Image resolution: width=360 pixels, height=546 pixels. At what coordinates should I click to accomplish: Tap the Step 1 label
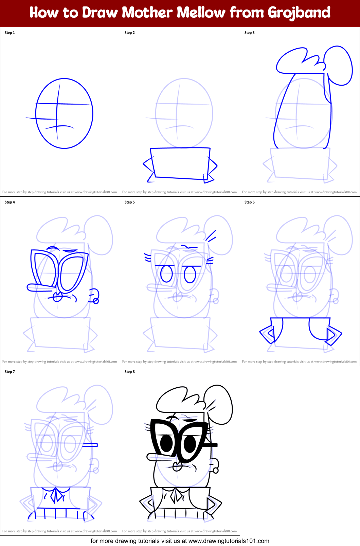tap(10, 33)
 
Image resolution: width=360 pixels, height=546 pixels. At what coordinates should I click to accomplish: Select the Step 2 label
tap(130, 33)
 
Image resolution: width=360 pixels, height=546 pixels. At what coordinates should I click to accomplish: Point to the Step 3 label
tap(250, 33)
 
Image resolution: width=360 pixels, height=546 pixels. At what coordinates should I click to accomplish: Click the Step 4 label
tap(10, 202)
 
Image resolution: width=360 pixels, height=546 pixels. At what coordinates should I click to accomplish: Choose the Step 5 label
tap(130, 202)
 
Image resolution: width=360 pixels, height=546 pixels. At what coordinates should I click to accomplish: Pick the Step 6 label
tap(250, 202)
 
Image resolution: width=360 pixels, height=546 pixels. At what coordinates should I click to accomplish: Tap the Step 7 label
tap(10, 372)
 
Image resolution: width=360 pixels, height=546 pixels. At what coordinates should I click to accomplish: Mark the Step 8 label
tap(130, 372)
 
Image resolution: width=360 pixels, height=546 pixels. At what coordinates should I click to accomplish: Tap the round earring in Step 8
tap(216, 471)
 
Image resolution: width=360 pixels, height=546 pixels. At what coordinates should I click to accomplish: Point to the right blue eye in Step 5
tap(190, 274)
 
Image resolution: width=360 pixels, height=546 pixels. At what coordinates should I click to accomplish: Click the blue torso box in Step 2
tap(180, 163)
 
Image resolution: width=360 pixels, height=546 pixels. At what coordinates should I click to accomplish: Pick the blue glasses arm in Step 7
tap(90, 445)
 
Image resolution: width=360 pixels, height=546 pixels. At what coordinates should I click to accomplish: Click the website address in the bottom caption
tap(229, 541)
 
